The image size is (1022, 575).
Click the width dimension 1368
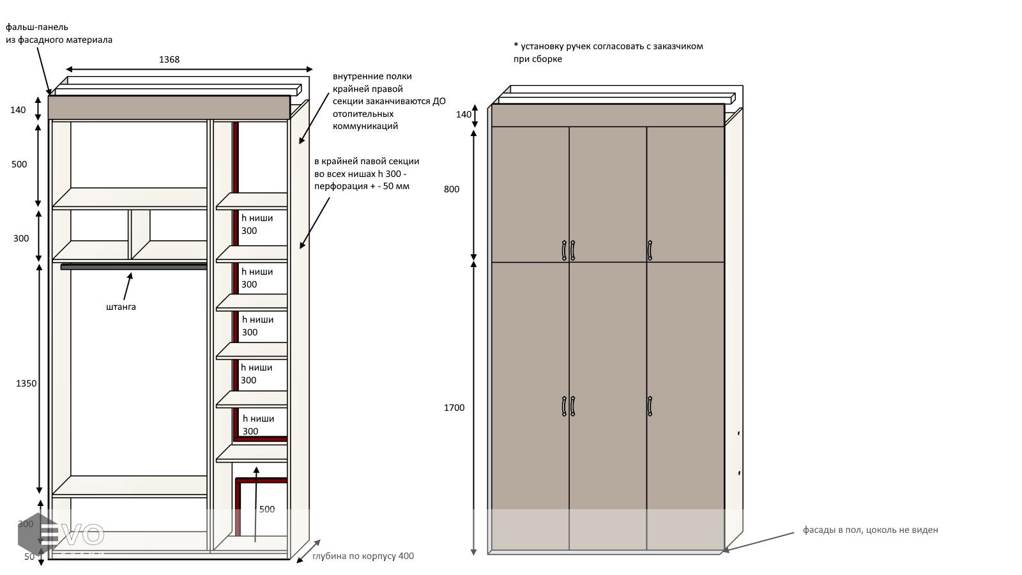pos(169,59)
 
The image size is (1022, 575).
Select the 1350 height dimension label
pos(26,383)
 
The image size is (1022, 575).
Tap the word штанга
pos(121,307)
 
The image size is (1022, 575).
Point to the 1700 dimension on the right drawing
pos(454,408)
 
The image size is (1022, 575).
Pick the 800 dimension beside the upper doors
pos(452,189)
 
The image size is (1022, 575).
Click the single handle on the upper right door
pos(650,250)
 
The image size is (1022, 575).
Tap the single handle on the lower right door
pos(650,406)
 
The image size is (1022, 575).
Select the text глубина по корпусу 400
pos(363,556)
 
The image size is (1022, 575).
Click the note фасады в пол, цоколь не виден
pos(870,530)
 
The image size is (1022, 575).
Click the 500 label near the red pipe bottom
pos(267,509)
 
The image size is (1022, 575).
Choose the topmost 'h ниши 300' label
pos(257,224)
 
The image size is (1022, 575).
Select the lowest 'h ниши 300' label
pos(258,425)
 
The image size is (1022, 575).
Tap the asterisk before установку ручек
pos(516,45)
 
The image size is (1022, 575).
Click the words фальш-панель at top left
pos(37,27)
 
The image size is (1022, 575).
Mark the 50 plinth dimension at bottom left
pos(29,556)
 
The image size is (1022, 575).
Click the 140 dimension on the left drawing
pos(18,110)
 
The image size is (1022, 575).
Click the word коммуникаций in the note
pos(365,126)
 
